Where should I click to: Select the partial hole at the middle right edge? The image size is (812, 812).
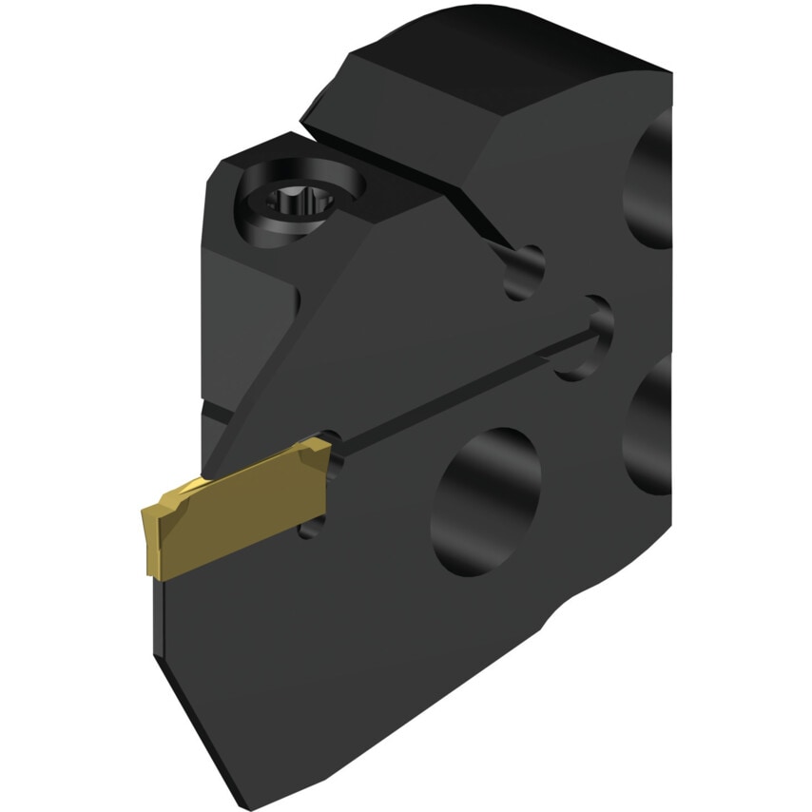click(652, 428)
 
